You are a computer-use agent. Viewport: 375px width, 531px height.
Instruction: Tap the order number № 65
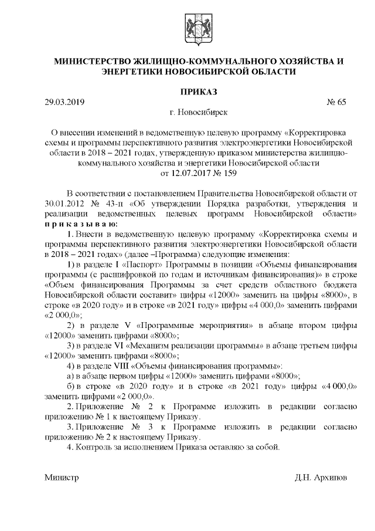point(336,102)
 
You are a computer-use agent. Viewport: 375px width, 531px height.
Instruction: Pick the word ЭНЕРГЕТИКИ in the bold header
point(129,72)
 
